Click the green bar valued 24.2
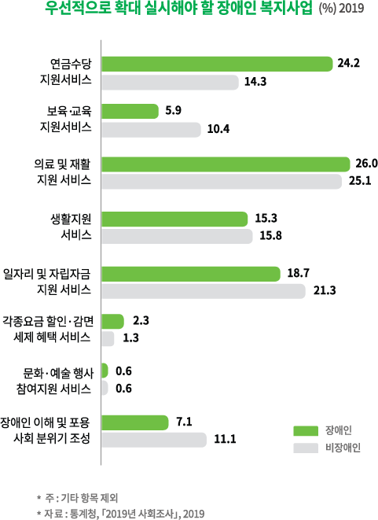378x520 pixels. coord(217,64)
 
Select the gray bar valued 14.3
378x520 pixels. coord(170,82)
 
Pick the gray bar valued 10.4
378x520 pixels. coord(151,128)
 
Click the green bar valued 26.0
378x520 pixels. coord(226,164)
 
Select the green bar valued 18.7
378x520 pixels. coord(191,273)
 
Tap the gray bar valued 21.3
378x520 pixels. coord(204,291)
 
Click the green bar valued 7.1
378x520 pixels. coord(135,422)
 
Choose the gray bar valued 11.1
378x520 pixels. coord(154,441)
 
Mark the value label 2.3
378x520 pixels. coord(142,320)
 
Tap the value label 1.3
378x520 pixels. coord(132,338)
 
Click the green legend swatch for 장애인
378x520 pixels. coord(303,430)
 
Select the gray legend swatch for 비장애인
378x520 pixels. coord(303,448)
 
